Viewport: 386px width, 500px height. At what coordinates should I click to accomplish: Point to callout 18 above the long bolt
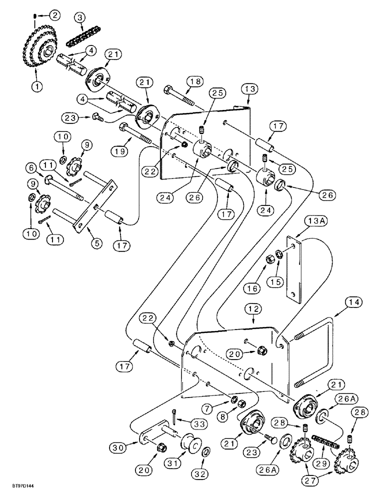[x=194, y=81]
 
